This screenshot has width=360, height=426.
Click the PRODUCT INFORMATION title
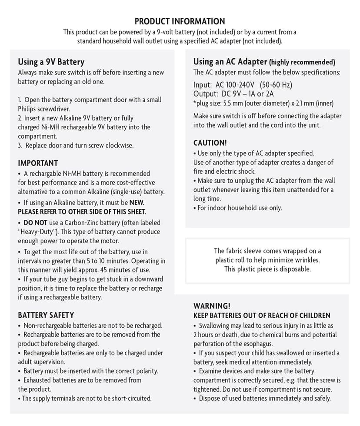180,21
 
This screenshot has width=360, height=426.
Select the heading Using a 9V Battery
51,62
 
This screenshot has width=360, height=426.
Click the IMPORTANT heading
38,163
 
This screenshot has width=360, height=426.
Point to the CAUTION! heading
210,143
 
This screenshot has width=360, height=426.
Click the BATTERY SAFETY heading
46,315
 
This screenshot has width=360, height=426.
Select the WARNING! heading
212,306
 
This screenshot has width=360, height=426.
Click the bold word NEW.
137,202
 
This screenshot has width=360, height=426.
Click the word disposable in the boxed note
295,269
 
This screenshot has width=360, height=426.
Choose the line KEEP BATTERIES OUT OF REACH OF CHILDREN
262,315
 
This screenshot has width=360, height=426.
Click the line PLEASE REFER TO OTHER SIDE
82,211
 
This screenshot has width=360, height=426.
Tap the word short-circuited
131,398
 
